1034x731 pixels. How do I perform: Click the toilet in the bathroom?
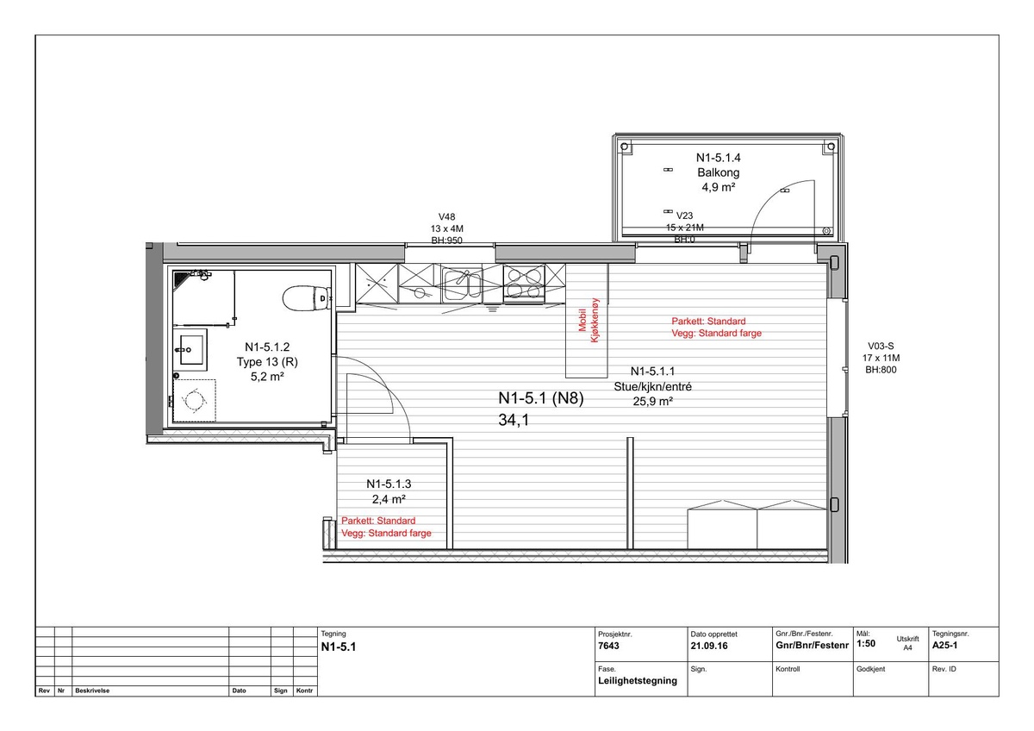pyautogui.click(x=306, y=299)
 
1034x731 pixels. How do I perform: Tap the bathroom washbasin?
pyautogui.click(x=190, y=350)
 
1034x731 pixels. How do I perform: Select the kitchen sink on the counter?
pyautogui.click(x=462, y=283)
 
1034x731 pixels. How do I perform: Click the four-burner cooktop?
pyautogui.click(x=524, y=283)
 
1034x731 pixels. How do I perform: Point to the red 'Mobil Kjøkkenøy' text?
pyautogui.click(x=589, y=321)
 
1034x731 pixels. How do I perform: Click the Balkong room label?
pyautogui.click(x=719, y=172)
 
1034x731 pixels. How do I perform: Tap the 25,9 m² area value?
pyautogui.click(x=653, y=401)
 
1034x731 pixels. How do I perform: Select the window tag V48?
pyautogui.click(x=446, y=216)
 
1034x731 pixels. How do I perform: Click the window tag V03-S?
pyautogui.click(x=881, y=346)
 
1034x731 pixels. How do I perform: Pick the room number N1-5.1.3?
pyautogui.click(x=389, y=484)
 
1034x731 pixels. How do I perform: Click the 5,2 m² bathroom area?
pyautogui.click(x=267, y=377)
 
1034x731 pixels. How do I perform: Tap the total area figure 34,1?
pyautogui.click(x=514, y=420)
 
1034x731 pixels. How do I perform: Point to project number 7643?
pyautogui.click(x=608, y=646)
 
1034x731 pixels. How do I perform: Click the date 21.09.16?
pyautogui.click(x=709, y=646)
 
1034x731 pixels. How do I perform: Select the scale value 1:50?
pyautogui.click(x=866, y=643)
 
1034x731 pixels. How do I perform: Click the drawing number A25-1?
pyautogui.click(x=944, y=645)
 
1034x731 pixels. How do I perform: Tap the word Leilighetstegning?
pyautogui.click(x=638, y=681)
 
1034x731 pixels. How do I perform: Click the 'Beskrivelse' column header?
pyautogui.click(x=92, y=690)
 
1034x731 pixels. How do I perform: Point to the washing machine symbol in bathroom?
pyautogui.click(x=195, y=400)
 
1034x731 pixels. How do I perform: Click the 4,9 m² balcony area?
pyautogui.click(x=719, y=187)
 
